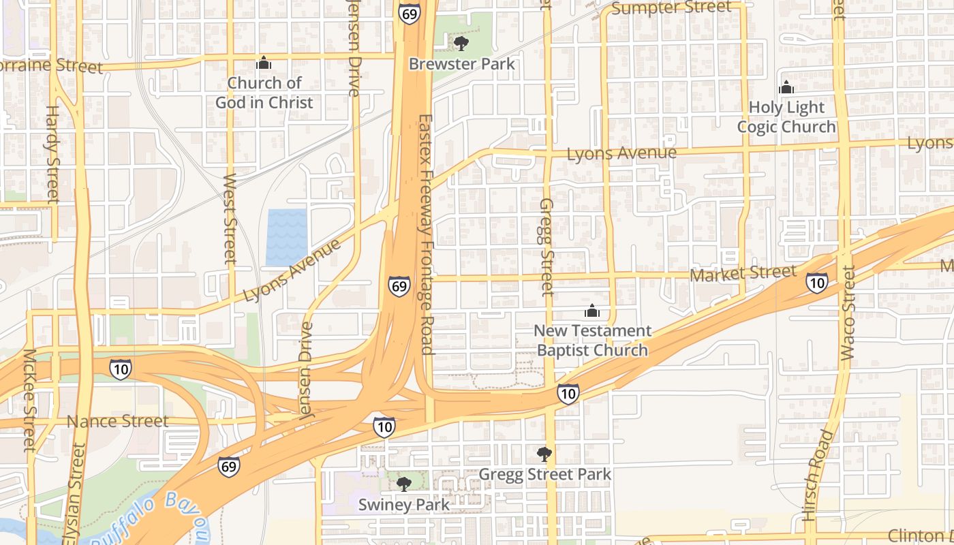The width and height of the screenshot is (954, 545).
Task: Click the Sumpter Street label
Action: coord(671,8)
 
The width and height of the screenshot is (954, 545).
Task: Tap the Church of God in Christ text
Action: coord(264,93)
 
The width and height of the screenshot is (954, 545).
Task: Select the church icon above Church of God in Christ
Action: coord(264,64)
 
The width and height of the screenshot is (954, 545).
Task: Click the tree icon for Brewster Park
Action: coord(461,44)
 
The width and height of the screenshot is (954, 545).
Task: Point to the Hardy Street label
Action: coord(53,154)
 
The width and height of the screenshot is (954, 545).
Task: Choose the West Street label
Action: coord(230,219)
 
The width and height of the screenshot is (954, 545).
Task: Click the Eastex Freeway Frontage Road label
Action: coord(426,234)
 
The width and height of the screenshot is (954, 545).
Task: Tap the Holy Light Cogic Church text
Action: coord(786,117)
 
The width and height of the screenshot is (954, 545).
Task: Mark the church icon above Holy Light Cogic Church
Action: coord(786,88)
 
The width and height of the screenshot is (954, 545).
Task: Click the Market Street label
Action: coord(743,274)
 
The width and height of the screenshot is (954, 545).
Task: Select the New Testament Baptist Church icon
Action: coord(592,311)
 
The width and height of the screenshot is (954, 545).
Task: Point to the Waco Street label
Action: coord(848,313)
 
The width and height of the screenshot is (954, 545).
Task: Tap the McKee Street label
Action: coord(29,401)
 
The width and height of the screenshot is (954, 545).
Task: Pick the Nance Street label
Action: coord(117,422)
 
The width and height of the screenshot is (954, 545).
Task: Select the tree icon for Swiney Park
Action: coord(404,484)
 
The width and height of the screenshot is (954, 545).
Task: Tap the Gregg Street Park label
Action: coord(545,474)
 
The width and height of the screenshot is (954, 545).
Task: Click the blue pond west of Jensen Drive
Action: coord(286,237)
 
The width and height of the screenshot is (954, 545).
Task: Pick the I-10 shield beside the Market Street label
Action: coord(816,283)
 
